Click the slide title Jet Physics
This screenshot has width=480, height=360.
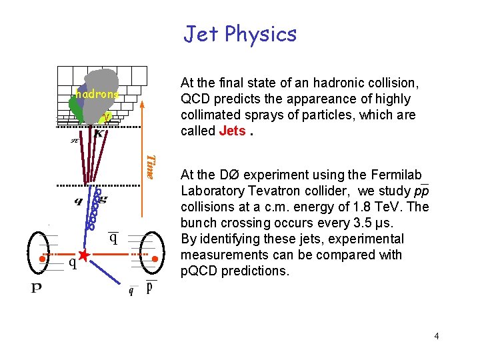coord(240,33)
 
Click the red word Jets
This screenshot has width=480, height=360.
coord(232,131)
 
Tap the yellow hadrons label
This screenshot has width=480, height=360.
coord(96,95)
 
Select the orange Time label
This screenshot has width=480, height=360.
coord(151,167)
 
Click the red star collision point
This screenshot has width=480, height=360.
coord(83,255)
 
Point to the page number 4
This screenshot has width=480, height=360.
coord(436,336)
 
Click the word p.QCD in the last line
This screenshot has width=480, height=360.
coord(198,271)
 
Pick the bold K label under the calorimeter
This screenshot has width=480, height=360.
coord(99,134)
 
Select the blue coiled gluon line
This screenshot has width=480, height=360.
coord(95,210)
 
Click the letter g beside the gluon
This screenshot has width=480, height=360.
coord(103,199)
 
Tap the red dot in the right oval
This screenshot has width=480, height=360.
coord(154,258)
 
